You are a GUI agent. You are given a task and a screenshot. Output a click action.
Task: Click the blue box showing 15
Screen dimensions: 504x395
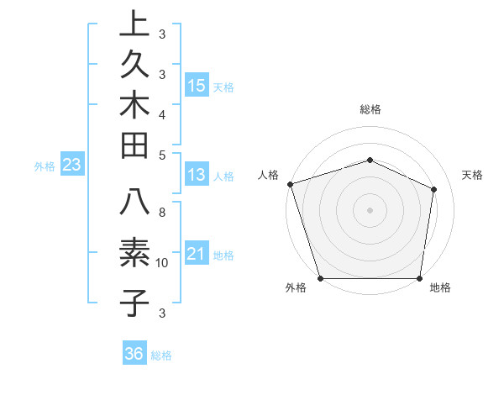click(x=197, y=86)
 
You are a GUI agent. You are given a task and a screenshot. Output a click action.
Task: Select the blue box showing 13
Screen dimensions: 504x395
click(x=197, y=175)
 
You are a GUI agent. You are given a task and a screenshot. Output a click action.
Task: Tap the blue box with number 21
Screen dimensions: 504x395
click(x=197, y=255)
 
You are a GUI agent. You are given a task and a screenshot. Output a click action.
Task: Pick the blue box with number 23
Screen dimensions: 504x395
click(x=71, y=166)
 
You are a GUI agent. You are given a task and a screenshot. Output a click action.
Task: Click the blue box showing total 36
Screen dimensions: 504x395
click(x=134, y=355)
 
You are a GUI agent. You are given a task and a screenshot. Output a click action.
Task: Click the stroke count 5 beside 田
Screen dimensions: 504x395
click(x=162, y=155)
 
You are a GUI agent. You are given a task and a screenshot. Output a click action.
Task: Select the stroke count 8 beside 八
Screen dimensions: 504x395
click(x=162, y=213)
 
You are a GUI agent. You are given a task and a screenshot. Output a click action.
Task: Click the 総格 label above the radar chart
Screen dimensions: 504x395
click(x=370, y=109)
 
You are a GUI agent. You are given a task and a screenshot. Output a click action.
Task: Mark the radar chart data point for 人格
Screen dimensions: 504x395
click(x=290, y=184)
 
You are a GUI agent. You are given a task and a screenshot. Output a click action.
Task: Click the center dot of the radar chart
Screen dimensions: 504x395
click(x=370, y=210)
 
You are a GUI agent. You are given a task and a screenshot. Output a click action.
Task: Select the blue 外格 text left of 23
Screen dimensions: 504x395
click(x=45, y=166)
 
